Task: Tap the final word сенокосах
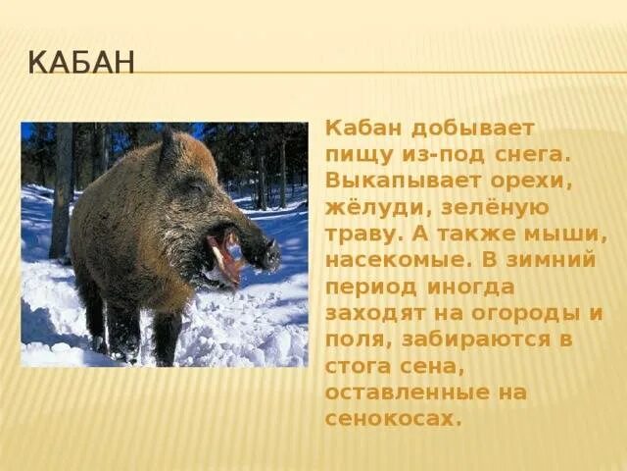pyautogui.click(x=392, y=418)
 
